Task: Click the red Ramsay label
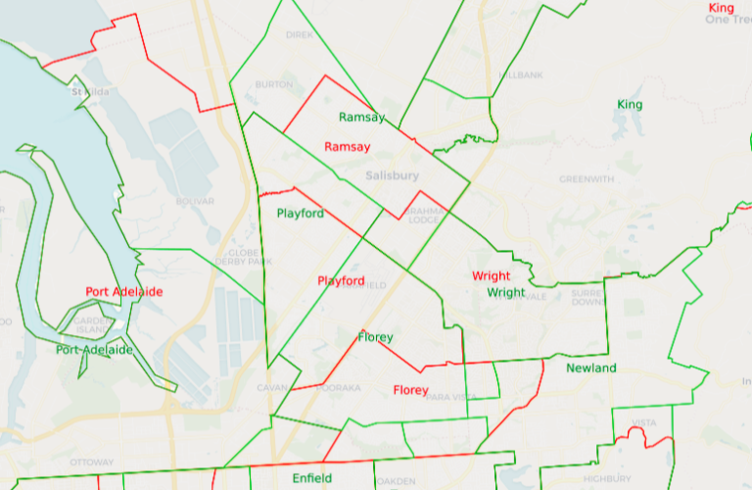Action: click(348, 147)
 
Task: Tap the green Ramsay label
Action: click(362, 118)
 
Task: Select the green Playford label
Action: click(300, 214)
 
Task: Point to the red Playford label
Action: click(341, 281)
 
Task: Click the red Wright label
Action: click(491, 276)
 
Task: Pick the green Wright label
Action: click(506, 292)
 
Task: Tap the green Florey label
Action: click(375, 337)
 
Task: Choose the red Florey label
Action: click(410, 390)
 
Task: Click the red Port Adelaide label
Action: click(124, 292)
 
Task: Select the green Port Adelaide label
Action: click(95, 350)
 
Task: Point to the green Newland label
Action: click(591, 367)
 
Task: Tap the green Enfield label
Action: click(312, 478)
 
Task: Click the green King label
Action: click(630, 105)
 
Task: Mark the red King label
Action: click(721, 8)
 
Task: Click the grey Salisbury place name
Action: click(392, 175)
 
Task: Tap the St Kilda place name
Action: click(90, 93)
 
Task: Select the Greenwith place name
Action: click(587, 179)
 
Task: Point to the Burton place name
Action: click(273, 85)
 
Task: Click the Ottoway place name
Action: click(92, 463)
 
